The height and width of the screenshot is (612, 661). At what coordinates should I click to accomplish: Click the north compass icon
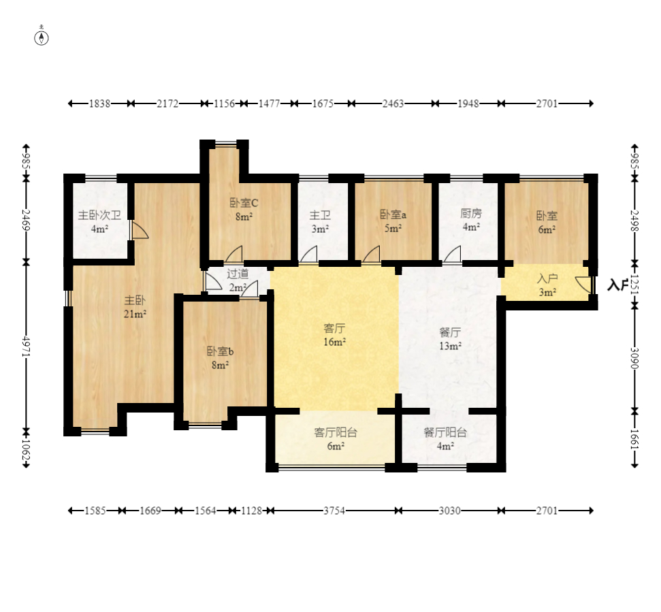coord(42,37)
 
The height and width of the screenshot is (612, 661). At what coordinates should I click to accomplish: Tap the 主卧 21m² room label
coord(135,307)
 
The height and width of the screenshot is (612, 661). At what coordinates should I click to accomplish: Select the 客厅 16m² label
coord(335,335)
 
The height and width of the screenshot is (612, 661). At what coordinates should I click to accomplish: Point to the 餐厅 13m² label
coord(450,339)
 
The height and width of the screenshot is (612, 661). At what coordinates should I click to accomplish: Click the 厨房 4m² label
coord(471,220)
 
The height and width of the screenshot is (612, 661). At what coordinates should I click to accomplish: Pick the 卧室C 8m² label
coord(244,210)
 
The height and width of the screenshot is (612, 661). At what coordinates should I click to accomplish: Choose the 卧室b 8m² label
coord(220,358)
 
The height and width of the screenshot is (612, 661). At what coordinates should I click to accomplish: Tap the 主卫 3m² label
coord(321,222)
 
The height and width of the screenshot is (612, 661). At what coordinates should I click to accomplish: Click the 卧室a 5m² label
coord(393,221)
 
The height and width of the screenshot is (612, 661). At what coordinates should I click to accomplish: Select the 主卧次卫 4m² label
coord(100,222)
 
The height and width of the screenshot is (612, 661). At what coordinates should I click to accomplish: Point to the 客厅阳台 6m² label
coord(336,439)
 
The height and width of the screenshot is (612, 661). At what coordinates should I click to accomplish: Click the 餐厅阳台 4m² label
coord(445,439)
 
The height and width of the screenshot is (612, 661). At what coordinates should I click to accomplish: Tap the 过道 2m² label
coord(238,280)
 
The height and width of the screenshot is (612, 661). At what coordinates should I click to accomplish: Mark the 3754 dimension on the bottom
coord(334,511)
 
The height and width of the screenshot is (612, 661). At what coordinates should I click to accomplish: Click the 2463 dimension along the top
coord(393,103)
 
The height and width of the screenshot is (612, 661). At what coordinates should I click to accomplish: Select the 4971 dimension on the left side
coord(26,347)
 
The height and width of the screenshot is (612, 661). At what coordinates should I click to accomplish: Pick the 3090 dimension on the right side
coord(634,358)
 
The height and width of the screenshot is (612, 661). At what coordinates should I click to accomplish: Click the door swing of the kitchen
coord(453,255)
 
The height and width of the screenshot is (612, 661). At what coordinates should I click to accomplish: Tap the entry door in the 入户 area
coord(584,285)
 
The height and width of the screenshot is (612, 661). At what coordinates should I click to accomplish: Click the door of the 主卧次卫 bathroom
coord(140,230)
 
